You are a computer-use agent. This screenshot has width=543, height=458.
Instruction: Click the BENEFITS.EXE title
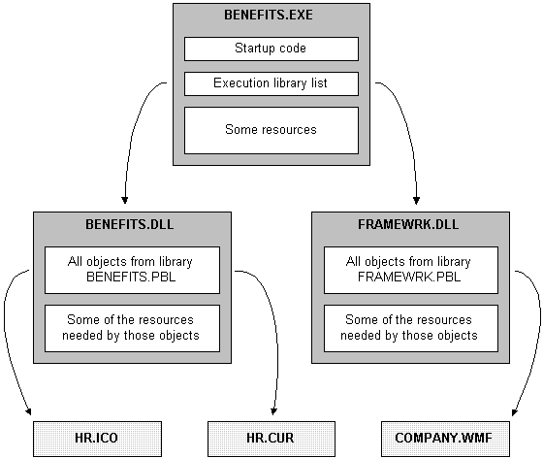point(269,15)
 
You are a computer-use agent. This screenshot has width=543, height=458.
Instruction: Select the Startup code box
point(271,49)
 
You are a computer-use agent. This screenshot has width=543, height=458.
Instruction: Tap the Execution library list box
point(271,83)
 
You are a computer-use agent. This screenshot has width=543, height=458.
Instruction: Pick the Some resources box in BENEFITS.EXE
point(271,130)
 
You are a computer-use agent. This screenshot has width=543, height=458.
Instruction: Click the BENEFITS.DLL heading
point(130,224)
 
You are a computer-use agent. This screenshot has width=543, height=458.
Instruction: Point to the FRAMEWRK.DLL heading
point(408,224)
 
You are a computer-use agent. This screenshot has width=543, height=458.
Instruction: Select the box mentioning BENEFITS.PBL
point(132,270)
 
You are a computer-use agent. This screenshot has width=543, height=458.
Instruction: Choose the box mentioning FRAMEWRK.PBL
point(411,270)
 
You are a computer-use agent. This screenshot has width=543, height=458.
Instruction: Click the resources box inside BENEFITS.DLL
point(132,328)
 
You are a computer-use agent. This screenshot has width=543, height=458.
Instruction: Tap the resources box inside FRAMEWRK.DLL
point(411,328)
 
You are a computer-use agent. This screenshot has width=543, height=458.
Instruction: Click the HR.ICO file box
point(97,439)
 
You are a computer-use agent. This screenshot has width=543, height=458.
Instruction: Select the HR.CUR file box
point(271,439)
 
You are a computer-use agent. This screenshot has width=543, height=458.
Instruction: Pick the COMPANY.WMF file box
point(445,439)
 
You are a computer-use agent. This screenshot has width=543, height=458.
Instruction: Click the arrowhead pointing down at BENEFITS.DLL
point(125,200)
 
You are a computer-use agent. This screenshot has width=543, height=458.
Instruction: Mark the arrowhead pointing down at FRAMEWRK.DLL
point(417,201)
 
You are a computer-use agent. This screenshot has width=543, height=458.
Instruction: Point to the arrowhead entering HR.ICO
point(28,411)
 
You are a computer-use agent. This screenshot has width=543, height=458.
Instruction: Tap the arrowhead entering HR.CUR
point(273,411)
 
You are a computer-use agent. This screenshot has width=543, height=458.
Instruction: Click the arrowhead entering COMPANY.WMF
point(515,412)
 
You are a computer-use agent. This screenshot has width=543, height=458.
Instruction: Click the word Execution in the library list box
point(241,83)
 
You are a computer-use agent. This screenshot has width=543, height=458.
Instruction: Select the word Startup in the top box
point(254,49)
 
